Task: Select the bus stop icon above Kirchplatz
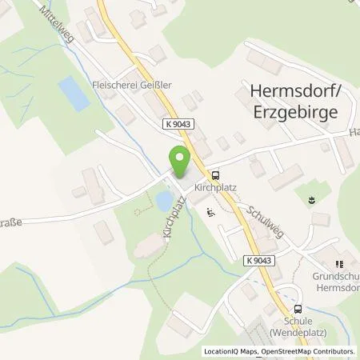click(x=215, y=174)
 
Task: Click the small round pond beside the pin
click(x=163, y=198)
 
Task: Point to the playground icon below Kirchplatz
click(x=210, y=212)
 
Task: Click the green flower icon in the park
click(x=308, y=194)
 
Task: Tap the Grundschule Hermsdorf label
click(x=334, y=281)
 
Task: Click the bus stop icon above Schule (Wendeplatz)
click(x=298, y=309)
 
